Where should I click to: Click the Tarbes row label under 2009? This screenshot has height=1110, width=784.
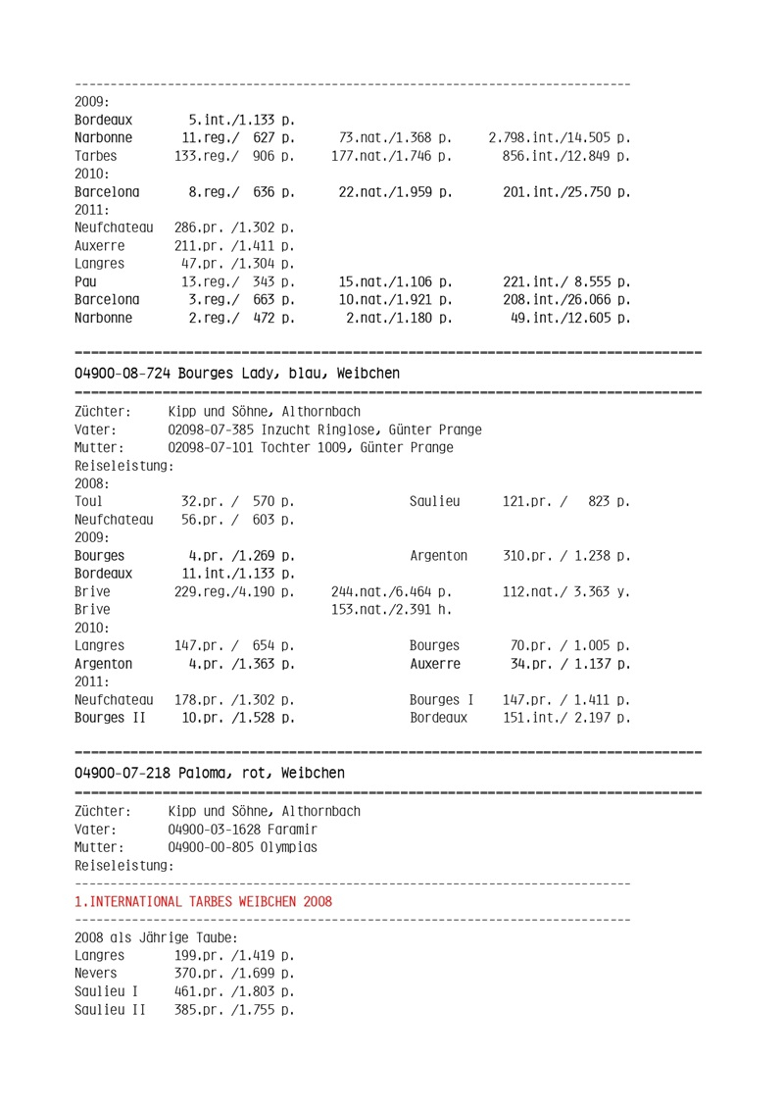pos(96,156)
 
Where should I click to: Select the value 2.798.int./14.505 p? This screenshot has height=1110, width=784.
pos(559,138)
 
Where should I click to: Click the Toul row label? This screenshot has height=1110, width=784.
pos(88,502)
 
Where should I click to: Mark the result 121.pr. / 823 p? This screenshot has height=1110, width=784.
pos(565,502)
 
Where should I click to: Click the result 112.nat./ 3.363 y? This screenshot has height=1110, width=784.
pos(565,592)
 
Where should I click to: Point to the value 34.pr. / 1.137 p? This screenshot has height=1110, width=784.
pos(569,664)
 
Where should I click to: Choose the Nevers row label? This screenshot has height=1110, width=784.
pos(96,974)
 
